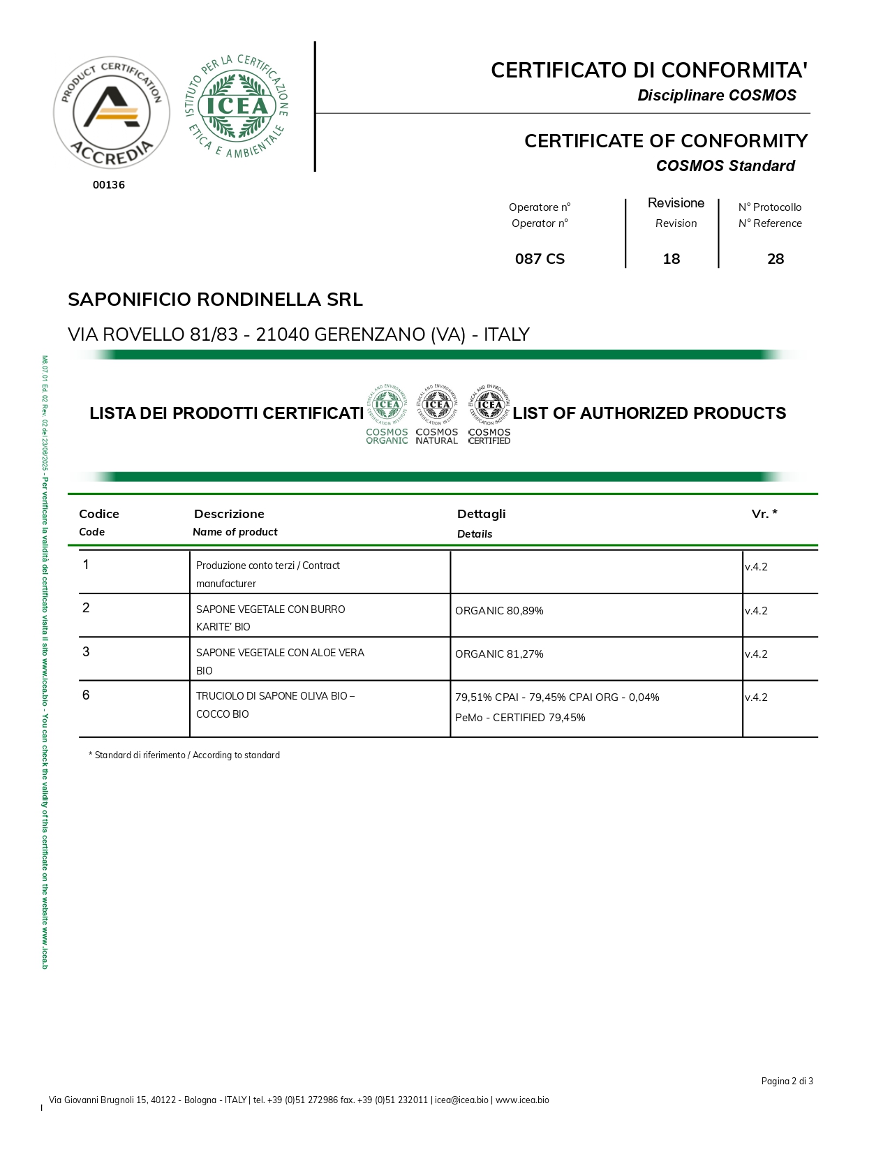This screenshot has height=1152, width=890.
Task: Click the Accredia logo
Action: point(112,112)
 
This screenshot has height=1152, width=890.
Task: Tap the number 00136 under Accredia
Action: point(109,185)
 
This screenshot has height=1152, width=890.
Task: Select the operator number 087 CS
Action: point(540,259)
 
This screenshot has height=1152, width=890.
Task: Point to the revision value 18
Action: point(671,259)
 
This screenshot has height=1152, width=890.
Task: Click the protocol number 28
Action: point(776,259)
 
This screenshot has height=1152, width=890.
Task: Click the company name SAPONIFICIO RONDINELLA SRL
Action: point(215,300)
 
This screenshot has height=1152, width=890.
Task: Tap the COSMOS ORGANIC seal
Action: point(387,415)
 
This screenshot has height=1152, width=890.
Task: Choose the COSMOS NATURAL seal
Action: point(437,415)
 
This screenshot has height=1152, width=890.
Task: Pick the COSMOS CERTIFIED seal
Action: point(489,415)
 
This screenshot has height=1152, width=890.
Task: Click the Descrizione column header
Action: point(229,514)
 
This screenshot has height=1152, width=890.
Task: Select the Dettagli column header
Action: point(481,514)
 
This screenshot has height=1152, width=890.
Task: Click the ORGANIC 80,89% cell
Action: point(499,611)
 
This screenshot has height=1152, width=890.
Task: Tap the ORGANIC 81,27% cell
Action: point(499,654)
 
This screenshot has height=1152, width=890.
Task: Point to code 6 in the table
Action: point(86,695)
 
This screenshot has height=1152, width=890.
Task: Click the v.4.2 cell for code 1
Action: point(756,567)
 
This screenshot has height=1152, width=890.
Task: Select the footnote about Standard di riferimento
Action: point(184,755)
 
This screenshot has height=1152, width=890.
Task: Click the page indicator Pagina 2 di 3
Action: point(787,1081)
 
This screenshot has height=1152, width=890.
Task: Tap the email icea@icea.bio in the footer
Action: point(461,1100)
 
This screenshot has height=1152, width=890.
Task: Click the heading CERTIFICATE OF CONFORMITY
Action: point(665,141)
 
